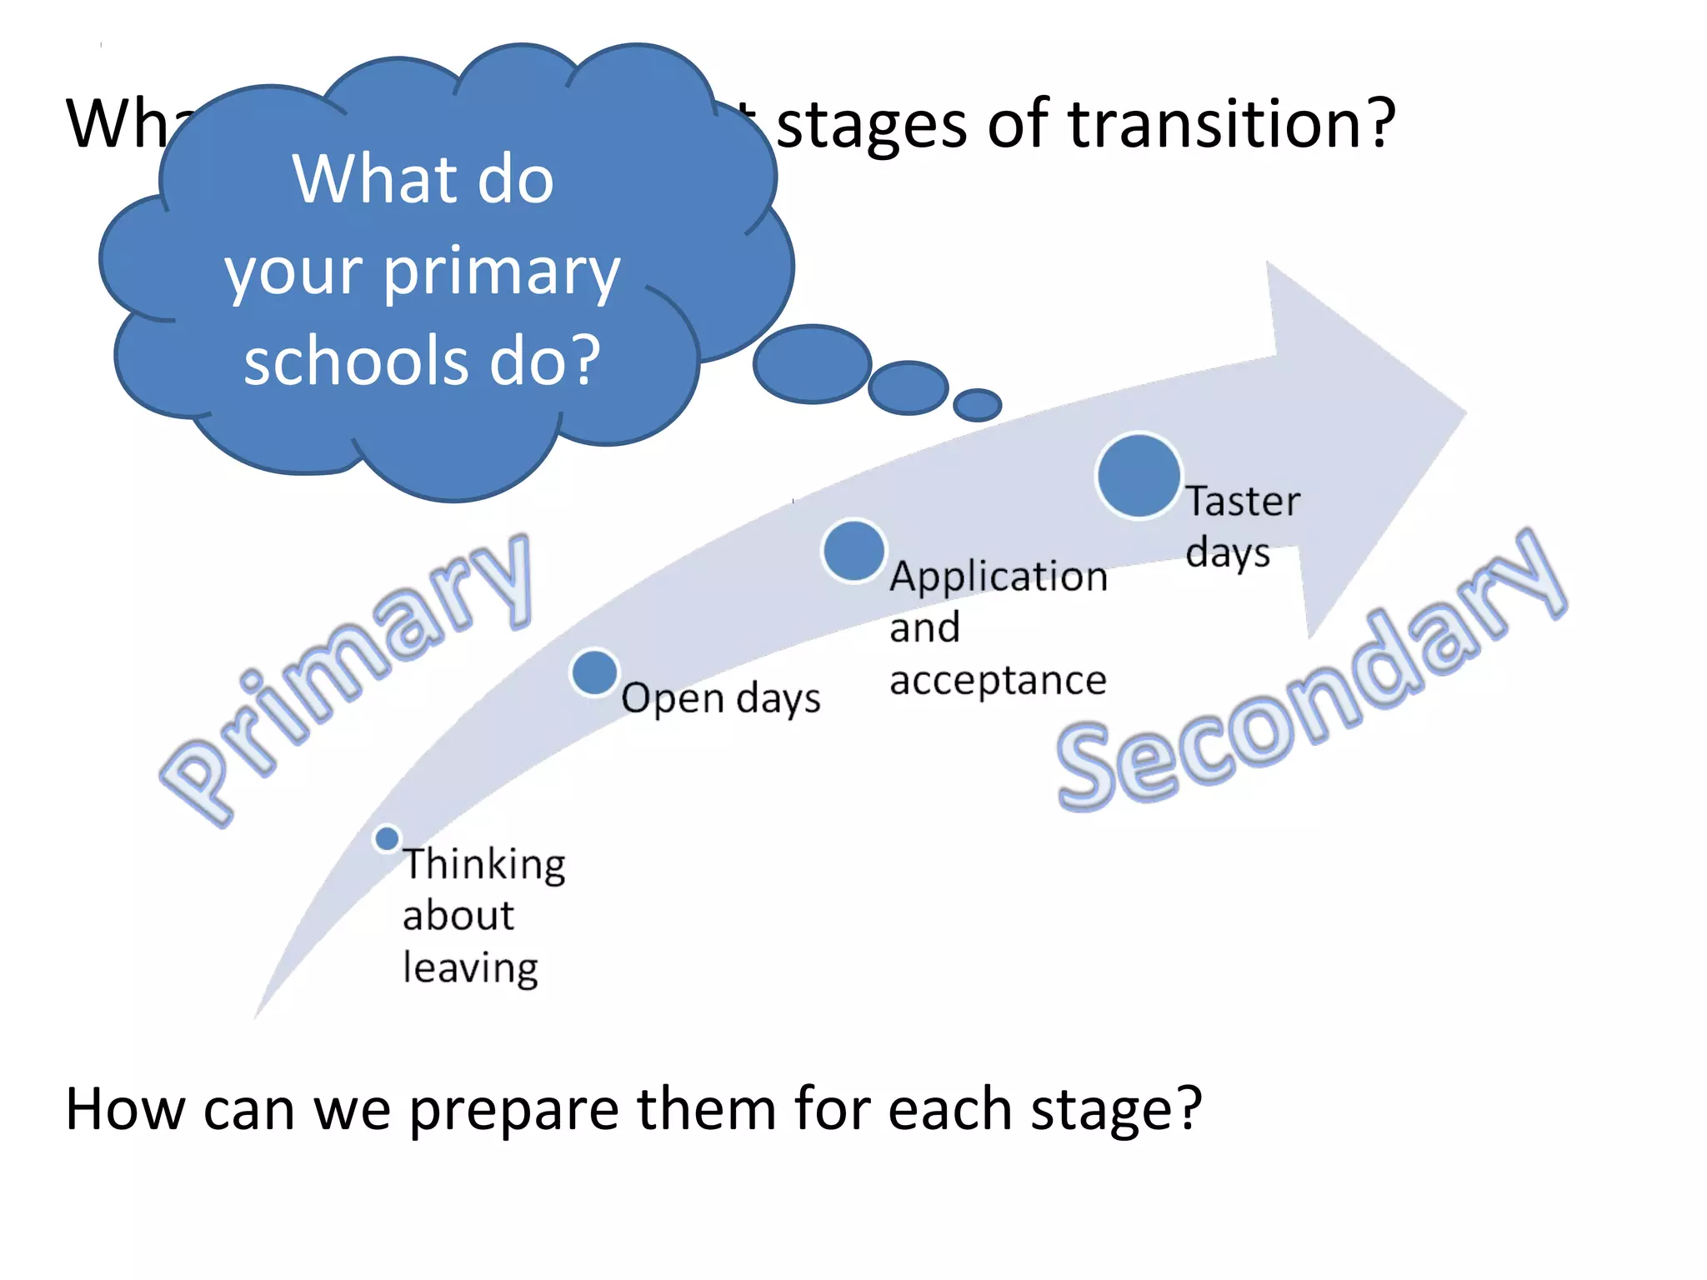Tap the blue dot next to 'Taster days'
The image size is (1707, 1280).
click(x=1138, y=476)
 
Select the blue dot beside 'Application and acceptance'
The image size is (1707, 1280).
click(x=853, y=551)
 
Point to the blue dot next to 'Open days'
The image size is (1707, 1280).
click(x=594, y=672)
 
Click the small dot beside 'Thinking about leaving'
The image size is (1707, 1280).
click(x=387, y=838)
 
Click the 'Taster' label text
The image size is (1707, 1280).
click(x=1243, y=502)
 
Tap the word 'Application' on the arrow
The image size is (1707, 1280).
click(x=999, y=577)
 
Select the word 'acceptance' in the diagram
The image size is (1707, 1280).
click(x=998, y=680)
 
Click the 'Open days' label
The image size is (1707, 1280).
click(x=720, y=698)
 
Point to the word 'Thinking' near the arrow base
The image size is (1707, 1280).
click(x=484, y=865)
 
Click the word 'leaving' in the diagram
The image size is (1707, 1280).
click(x=470, y=969)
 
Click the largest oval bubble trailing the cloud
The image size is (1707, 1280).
click(x=812, y=364)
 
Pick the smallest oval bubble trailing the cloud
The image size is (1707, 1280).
click(x=977, y=405)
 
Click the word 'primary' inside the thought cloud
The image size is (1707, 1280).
click(x=502, y=271)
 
